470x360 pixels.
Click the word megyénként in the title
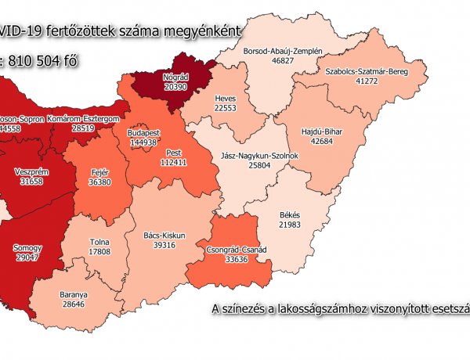click(203, 31)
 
